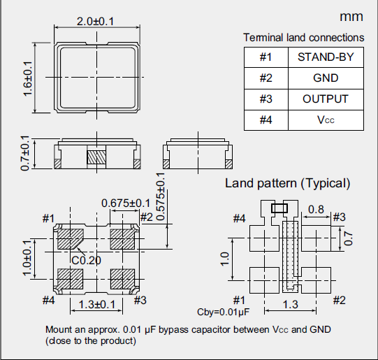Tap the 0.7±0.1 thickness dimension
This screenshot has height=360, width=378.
click(26, 157)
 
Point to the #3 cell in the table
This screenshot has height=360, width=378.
click(265, 99)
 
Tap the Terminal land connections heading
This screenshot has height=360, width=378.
click(303, 37)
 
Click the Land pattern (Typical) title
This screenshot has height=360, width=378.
click(287, 183)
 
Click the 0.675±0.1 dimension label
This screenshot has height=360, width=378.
click(126, 203)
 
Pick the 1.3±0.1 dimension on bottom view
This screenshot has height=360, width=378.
click(97, 305)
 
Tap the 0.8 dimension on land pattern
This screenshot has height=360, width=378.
click(315, 209)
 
